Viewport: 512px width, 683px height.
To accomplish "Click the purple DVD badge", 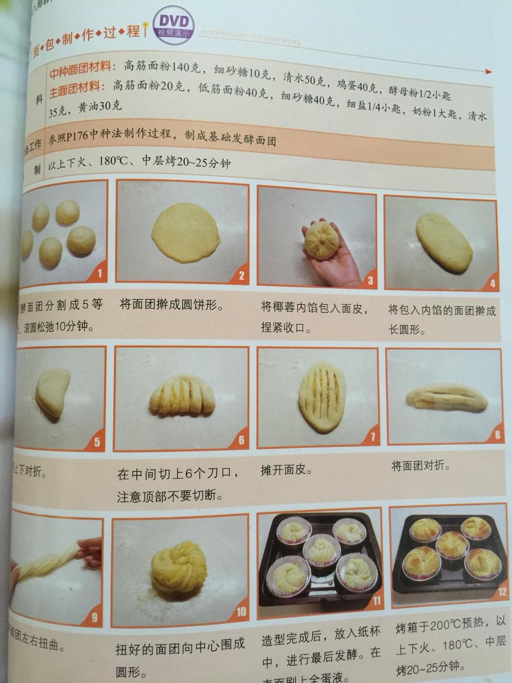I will coord(174,25).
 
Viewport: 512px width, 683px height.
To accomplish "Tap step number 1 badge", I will coord(99,273).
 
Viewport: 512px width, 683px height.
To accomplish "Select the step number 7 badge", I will coord(372,436).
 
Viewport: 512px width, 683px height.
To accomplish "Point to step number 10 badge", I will coord(241,611).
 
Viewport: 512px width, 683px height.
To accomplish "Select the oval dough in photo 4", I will coord(444,242).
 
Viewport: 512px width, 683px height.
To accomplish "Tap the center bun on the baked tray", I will coord(452,545).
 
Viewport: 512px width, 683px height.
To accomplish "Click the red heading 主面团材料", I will coord(76,89).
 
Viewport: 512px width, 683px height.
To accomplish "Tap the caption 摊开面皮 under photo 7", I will coord(286,470).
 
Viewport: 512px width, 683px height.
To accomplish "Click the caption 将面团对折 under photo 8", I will coord(420,465).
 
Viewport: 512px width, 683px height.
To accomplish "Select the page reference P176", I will coord(77,137).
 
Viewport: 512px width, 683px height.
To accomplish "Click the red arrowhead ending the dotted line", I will coord(489,72).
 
